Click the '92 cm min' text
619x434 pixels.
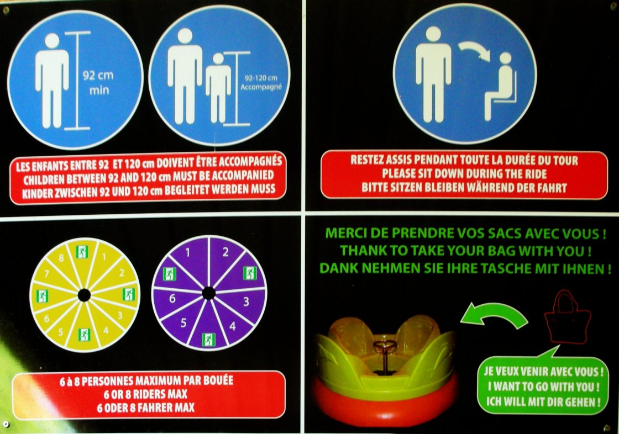point(98,83)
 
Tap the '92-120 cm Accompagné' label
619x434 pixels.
point(261,82)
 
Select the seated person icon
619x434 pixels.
point(500,86)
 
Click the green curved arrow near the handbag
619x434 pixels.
point(495,313)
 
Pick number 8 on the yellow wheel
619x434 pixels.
point(61,258)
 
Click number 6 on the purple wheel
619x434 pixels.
point(172,298)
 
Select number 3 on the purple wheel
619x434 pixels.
point(246,302)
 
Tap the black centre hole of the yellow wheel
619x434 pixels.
point(84,295)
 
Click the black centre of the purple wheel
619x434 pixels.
point(208,293)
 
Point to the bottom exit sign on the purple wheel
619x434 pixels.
point(208,340)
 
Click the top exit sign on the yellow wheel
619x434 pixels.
point(82,252)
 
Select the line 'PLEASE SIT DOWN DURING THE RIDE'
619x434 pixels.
point(464,174)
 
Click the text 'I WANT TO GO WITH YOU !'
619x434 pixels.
point(543,387)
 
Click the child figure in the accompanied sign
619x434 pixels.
point(218,88)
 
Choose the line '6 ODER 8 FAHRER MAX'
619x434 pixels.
point(146,407)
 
